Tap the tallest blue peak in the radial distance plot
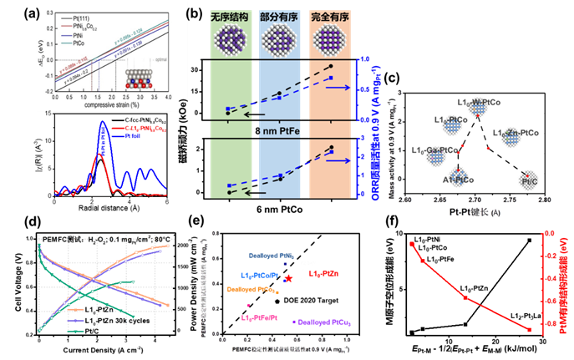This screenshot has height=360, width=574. coord(104,123)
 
